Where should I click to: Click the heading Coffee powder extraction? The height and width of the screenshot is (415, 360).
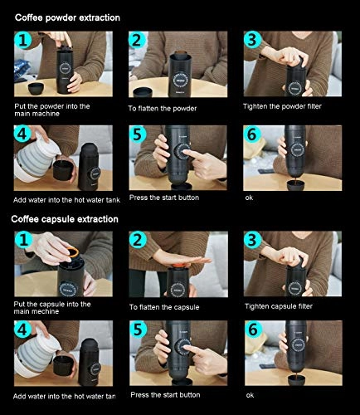click(x=66, y=17)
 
